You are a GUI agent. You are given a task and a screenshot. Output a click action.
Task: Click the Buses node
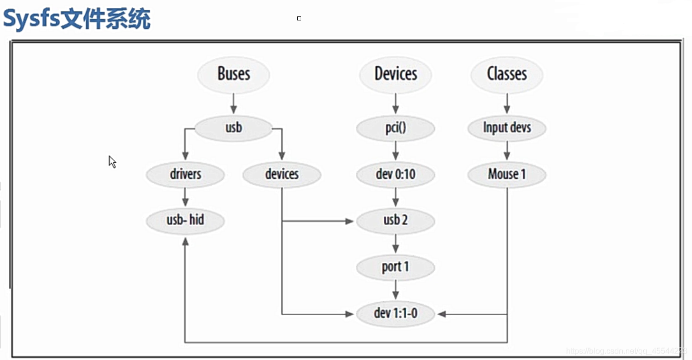(233, 75)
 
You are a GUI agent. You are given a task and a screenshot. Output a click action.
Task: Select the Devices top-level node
(395, 75)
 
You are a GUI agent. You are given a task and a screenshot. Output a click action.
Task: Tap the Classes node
(507, 75)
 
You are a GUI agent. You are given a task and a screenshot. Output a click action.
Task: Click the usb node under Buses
(233, 128)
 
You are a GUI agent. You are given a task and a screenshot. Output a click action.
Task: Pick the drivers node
(185, 174)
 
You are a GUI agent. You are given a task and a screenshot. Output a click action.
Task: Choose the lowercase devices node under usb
(282, 174)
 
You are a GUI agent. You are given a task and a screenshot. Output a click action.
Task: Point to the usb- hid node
(185, 220)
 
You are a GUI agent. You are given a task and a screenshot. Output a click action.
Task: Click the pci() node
(395, 128)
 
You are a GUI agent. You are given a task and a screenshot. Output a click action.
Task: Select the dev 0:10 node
(395, 174)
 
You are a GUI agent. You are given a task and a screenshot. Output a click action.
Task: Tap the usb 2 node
(395, 220)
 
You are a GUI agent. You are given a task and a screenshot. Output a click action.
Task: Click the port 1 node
(395, 267)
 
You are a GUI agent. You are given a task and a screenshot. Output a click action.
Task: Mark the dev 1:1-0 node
(395, 314)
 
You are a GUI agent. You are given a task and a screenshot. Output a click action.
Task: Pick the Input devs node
(507, 128)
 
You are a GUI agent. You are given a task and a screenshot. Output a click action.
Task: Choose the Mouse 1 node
(507, 174)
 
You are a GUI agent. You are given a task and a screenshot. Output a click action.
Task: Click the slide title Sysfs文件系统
(77, 20)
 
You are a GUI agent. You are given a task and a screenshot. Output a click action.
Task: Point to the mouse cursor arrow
(112, 162)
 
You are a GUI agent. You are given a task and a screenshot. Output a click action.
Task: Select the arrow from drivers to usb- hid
(185, 197)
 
